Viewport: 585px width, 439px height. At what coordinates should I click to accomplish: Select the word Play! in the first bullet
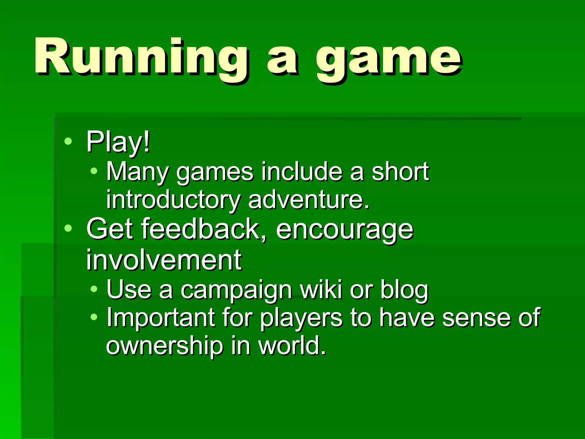pos(118,142)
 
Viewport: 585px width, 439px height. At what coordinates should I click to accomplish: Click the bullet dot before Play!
pos(68,141)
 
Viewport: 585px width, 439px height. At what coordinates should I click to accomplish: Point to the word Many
pos(137,172)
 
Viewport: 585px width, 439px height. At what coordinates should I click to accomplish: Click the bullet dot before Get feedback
pos(68,228)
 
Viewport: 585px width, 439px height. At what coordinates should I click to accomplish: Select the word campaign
pos(236,290)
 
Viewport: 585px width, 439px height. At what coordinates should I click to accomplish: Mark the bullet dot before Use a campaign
pos(94,289)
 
